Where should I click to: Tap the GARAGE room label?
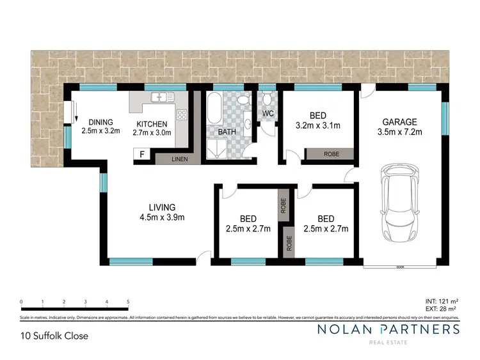[400, 121]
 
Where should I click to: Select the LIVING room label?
[162, 207]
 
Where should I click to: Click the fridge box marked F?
[140, 154]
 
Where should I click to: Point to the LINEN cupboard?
[179, 159]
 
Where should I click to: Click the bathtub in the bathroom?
[214, 106]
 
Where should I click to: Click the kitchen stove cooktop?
[182, 116]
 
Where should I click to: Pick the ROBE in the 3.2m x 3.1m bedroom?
[331, 154]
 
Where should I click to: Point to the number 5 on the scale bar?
[129, 301]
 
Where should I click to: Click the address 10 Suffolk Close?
[54, 335]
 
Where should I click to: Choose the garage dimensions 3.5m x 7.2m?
[400, 132]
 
